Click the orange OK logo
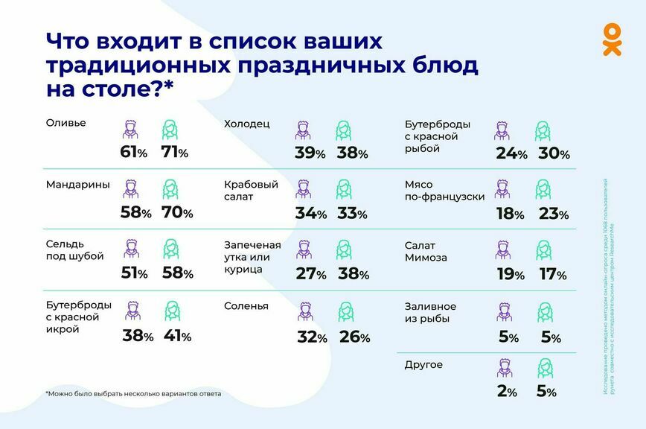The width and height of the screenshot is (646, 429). click(611, 39)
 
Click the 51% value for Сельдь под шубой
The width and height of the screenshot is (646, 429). click(135, 273)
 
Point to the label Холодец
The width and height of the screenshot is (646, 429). click(246, 124)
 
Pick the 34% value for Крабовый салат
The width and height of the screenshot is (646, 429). click(310, 214)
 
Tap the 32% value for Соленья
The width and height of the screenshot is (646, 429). click(312, 337)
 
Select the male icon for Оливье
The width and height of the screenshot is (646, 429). click(131, 130)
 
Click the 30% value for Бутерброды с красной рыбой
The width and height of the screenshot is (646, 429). click(554, 154)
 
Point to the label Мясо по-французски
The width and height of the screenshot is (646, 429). click(444, 191)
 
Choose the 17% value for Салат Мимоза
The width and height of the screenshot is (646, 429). click(552, 275)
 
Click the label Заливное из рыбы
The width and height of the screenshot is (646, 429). click(430, 313)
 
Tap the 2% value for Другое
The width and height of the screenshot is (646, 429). click(508, 391)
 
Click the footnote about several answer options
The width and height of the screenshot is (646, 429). click(133, 393)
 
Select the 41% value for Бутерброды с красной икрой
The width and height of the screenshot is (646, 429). click(176, 336)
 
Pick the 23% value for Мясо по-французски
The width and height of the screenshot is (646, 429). click(553, 214)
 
